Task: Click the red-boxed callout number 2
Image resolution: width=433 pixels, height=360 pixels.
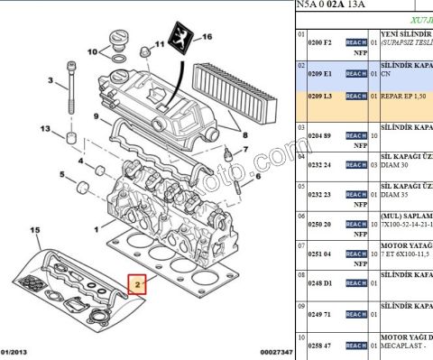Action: coord(138,286)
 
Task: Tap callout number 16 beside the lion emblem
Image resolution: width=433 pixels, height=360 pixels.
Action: coord(207,37)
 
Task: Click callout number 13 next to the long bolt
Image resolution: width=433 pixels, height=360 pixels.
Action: coord(44,130)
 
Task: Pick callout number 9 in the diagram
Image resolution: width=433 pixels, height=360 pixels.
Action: coord(95,116)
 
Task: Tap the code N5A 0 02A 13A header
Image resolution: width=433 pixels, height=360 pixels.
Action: coord(334,5)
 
